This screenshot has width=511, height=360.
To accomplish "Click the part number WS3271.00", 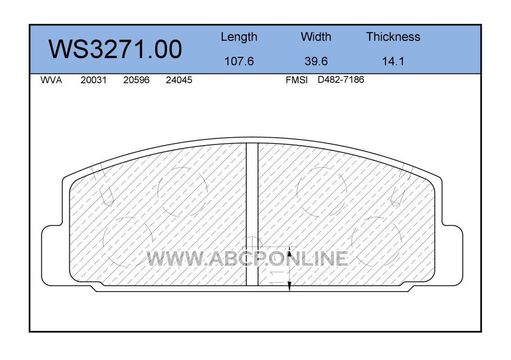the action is (115, 49).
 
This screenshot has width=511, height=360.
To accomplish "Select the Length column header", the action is (239, 37).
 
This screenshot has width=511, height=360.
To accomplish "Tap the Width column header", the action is (316, 37).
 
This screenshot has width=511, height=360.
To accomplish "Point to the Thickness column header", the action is (393, 37).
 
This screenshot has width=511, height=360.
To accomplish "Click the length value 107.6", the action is (239, 61).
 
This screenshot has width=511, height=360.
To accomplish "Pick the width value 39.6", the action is (316, 61).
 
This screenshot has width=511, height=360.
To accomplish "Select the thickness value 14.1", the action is (393, 61).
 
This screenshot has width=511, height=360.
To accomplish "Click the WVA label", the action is (51, 80).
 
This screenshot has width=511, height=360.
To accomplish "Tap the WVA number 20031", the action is (94, 80).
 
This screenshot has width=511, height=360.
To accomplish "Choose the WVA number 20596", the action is (136, 80).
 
